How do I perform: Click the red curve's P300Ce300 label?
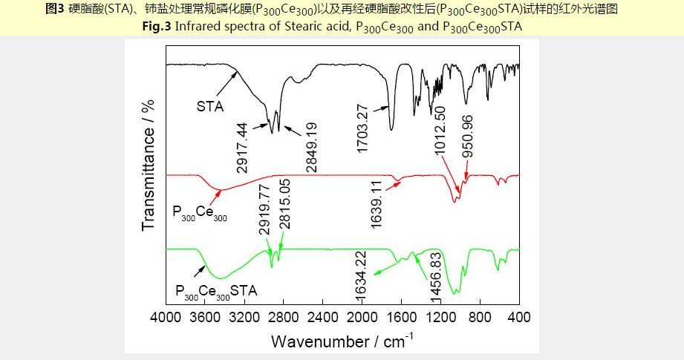(200, 213)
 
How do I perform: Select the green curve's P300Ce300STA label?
(216, 291)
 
